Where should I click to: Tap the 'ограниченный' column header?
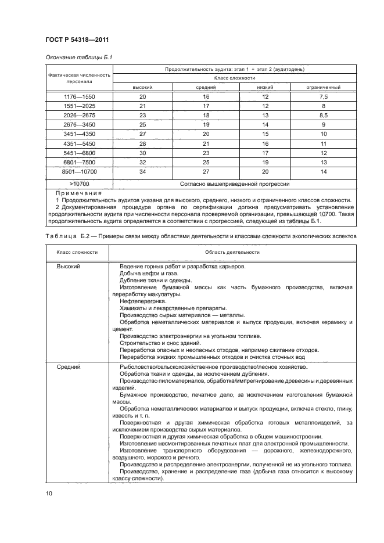coord(324,87)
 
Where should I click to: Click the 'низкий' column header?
coord(265,87)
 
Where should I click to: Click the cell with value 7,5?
coord(324,96)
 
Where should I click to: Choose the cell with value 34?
coord(143,172)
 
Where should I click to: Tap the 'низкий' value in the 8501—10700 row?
coord(265,172)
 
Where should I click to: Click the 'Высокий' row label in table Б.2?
coord(68,266)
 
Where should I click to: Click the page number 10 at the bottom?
coord(49,494)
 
